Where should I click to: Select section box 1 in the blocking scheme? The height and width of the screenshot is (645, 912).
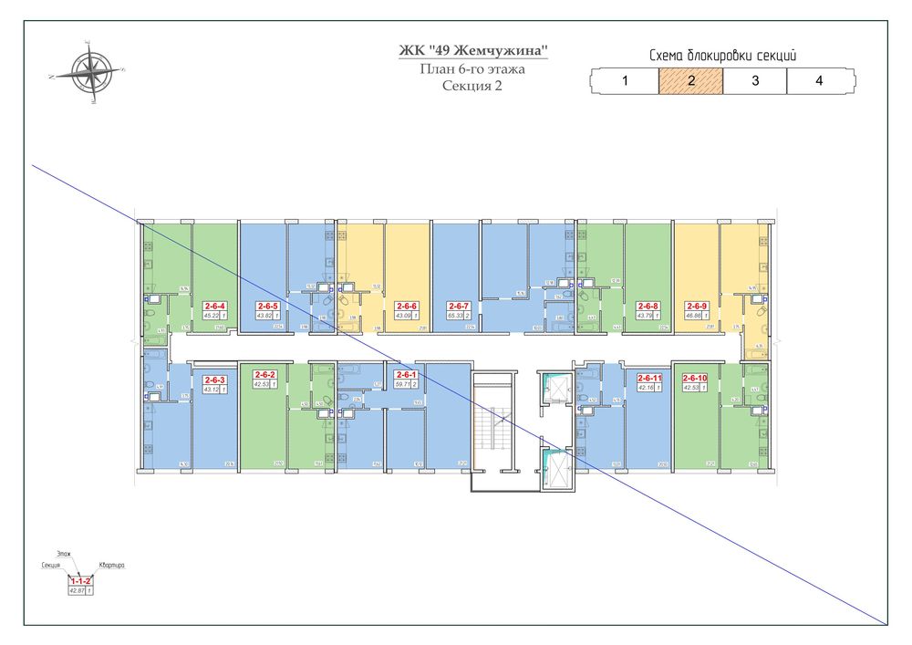point(626,80)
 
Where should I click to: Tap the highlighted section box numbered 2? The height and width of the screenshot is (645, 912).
point(690,80)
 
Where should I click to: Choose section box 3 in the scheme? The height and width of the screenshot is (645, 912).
point(755,80)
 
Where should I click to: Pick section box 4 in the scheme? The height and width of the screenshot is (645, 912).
point(819,80)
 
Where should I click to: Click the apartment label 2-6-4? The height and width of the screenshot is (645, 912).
point(215,306)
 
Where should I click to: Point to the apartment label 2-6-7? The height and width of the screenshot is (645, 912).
point(458,306)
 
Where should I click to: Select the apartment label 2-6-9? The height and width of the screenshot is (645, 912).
point(697,306)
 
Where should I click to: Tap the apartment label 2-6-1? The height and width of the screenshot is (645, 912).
point(406,374)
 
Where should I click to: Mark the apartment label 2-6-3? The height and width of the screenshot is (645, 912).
point(215,380)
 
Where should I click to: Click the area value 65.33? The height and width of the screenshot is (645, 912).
point(454,316)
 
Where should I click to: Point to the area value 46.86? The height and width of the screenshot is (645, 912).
point(693,316)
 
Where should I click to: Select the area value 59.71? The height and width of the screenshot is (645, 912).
point(402,384)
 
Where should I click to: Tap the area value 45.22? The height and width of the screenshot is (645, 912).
point(212,316)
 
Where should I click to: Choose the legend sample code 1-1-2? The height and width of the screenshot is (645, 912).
point(80,581)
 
